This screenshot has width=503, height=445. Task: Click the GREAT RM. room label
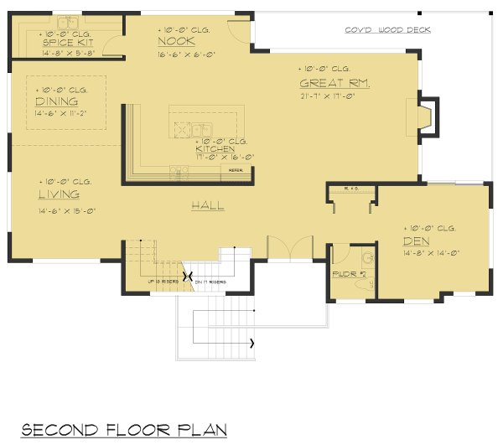pos(334,83)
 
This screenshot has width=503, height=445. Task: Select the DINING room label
pos(57,101)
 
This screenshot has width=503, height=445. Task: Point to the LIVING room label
pos(58,194)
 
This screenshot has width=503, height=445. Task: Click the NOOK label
pos(176,41)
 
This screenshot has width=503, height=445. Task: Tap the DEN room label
pos(415,241)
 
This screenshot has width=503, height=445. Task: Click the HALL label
pos(207,205)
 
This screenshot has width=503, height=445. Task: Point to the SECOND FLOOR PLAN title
pos(124,430)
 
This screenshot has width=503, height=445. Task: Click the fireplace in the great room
pos(428,118)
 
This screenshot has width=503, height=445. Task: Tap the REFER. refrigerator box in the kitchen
pos(236,169)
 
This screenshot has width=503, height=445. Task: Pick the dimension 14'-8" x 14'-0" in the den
pos(431,252)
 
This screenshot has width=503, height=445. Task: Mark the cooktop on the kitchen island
pos(181,128)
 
